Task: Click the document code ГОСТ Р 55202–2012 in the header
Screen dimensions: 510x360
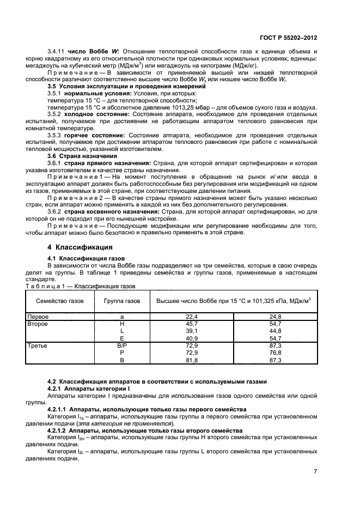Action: pyautogui.click(x=291, y=38)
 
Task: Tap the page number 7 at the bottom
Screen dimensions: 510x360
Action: pyautogui.click(x=315, y=471)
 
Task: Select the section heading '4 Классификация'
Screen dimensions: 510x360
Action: pyautogui.click(x=73, y=247)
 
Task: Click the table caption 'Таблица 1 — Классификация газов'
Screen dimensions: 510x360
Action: pyautogui.click(x=81, y=285)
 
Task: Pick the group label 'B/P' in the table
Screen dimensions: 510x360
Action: pyautogui.click(x=121, y=346)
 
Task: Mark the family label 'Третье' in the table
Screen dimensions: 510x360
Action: pyautogui.click(x=38, y=346)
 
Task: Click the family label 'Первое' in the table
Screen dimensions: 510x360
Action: pyautogui.click(x=39, y=317)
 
